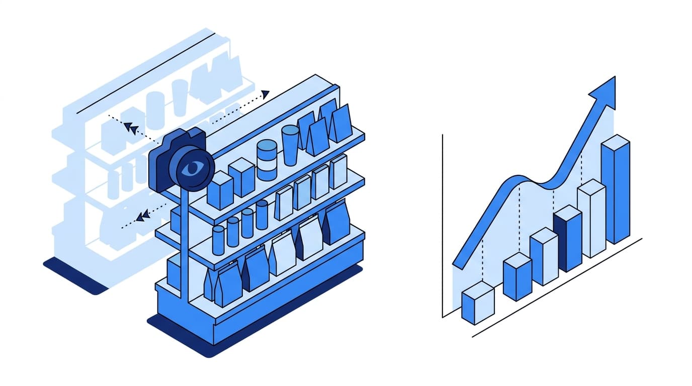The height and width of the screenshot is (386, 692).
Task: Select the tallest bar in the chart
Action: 616,191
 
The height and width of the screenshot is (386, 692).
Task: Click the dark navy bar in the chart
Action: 567,239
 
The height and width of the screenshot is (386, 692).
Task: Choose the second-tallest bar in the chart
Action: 591,219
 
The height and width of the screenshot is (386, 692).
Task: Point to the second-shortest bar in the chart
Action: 517,277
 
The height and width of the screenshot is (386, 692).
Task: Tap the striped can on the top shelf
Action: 267,160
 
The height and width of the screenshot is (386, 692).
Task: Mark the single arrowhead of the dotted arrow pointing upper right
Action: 266,93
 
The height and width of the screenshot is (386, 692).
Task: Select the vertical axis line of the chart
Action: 443,226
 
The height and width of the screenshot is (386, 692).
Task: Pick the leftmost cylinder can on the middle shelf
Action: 218,240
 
